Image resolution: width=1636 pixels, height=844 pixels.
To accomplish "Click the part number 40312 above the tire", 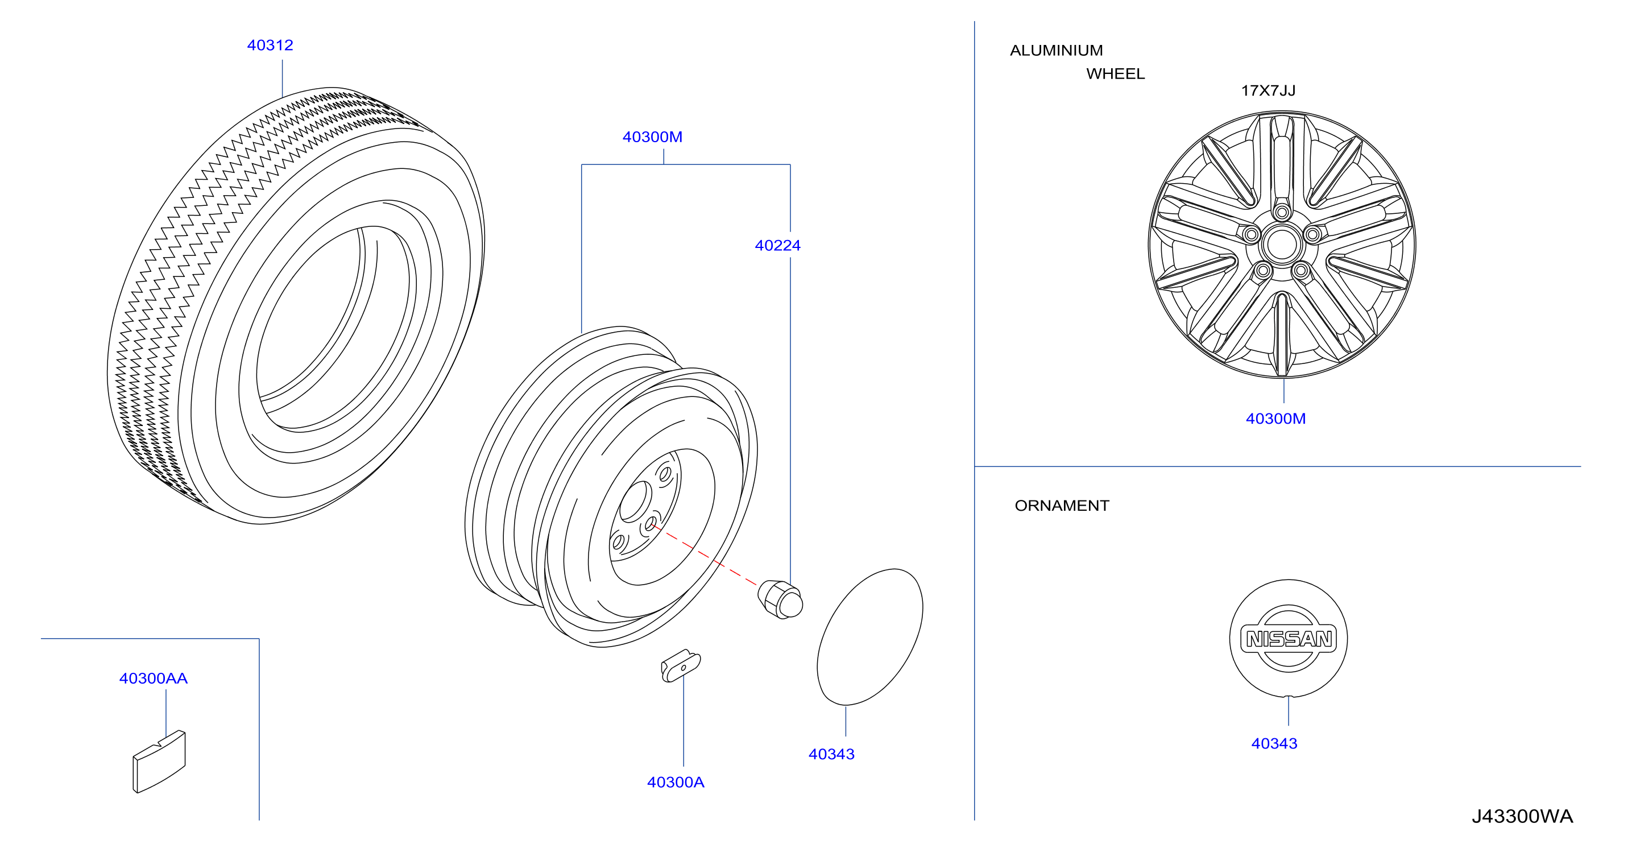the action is [x=270, y=45].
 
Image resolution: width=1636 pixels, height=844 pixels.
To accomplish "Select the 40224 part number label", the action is [x=777, y=246].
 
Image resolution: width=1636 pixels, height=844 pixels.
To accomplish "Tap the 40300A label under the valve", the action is [x=675, y=783].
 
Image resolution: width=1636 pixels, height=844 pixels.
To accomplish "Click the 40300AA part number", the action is [x=153, y=678].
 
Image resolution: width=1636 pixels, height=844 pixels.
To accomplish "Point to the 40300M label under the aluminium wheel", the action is [x=1275, y=419].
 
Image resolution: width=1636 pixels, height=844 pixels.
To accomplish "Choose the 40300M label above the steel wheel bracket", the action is [x=652, y=136].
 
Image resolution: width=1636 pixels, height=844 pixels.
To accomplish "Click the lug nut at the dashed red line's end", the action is [x=781, y=599].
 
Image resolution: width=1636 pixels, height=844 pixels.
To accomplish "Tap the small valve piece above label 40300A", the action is [x=680, y=665].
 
